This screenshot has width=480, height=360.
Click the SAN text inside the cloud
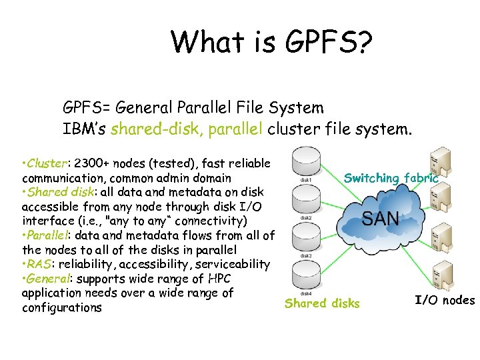381,218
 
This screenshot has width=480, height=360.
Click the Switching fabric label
391,178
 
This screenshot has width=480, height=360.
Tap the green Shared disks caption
322,304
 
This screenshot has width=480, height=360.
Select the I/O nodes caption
445,300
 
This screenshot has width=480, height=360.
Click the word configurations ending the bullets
62,307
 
